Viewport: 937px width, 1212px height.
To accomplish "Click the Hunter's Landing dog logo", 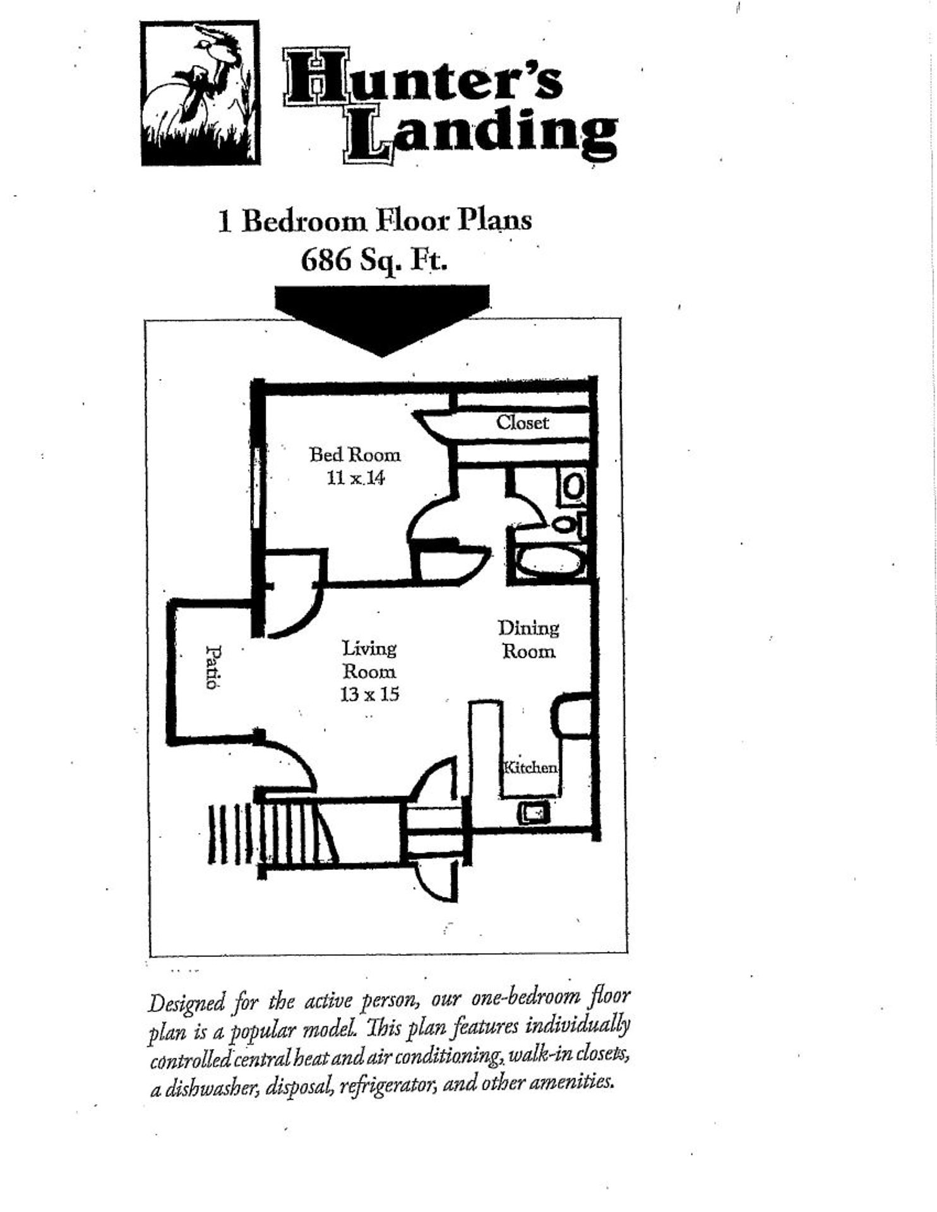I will [200, 93].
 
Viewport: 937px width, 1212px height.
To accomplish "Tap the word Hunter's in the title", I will [423, 78].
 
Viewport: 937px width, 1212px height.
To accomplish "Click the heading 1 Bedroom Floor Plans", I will [374, 221].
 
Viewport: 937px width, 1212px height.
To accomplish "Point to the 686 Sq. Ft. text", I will [374, 259].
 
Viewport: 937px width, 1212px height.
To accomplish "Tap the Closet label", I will [522, 422].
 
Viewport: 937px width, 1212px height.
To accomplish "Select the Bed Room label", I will [355, 454].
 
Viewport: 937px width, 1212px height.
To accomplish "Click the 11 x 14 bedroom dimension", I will [355, 478].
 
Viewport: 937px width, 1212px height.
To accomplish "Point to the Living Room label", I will [369, 660].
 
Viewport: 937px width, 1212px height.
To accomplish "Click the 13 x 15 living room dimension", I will [369, 694].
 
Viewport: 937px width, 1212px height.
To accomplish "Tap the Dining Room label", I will [528, 639].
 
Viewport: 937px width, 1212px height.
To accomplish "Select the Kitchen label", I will [530, 768].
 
